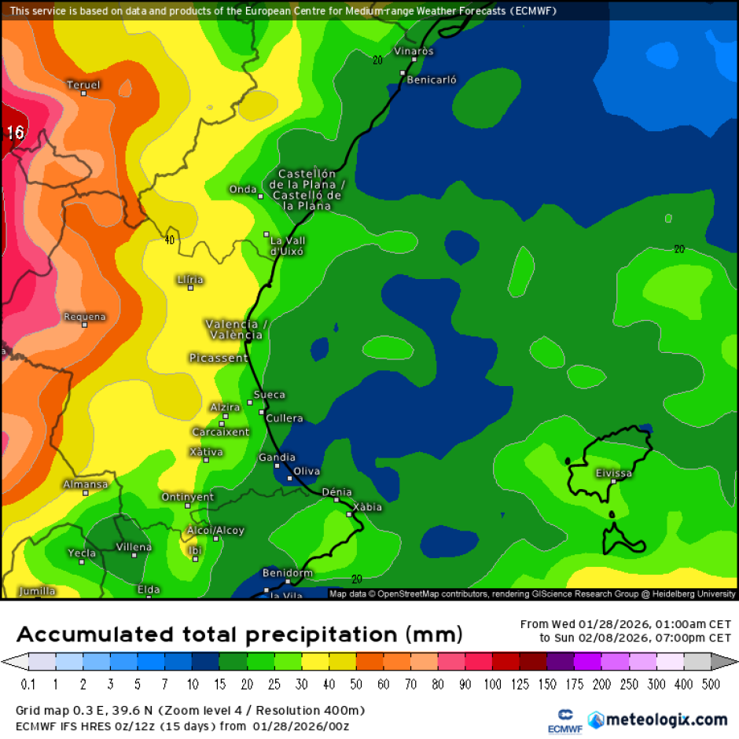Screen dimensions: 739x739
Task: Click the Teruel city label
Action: (83, 85)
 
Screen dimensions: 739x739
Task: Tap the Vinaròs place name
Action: (413, 51)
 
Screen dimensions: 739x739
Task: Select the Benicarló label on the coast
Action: (431, 79)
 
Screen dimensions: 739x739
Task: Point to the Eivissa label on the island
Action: (613, 473)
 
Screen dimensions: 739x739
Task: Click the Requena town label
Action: (84, 317)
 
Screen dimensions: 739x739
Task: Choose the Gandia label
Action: (277, 457)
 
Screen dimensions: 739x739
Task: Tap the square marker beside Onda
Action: (261, 196)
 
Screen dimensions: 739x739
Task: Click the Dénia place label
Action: (336, 492)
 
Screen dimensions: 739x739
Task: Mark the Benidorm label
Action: (287, 573)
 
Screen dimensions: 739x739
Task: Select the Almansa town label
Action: (85, 484)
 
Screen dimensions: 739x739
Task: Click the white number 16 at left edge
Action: (15, 132)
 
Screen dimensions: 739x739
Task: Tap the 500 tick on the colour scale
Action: (710, 685)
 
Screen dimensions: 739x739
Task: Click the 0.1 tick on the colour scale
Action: (29, 685)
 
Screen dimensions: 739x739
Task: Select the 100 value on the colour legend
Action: (493, 685)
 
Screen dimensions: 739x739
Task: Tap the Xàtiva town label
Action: (206, 452)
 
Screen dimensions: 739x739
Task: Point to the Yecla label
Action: (82, 553)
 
